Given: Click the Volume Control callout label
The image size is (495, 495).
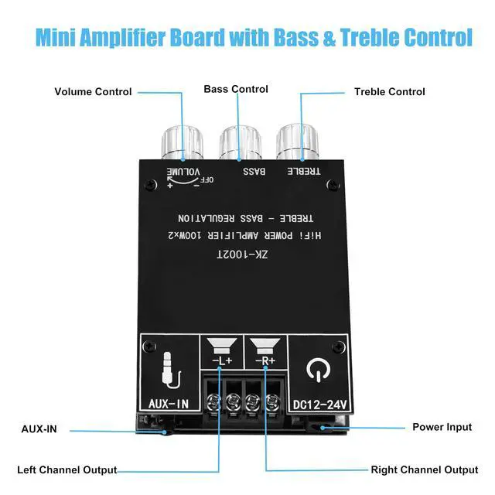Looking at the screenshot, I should tap(93, 92).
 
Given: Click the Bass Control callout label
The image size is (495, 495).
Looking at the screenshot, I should tap(236, 89).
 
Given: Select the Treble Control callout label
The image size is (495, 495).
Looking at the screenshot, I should tap(389, 92).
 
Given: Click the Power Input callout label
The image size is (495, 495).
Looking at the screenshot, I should tap(442, 427).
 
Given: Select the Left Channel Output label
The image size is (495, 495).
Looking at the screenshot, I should tap(67, 469).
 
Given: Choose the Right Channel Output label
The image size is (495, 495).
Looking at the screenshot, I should tap(425, 469).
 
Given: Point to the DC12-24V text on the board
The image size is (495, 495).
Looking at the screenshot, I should tap(318, 403).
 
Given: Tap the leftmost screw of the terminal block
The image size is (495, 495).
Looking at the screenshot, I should tap(213, 401).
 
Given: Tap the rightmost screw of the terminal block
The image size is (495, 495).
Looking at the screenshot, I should tap(271, 401).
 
